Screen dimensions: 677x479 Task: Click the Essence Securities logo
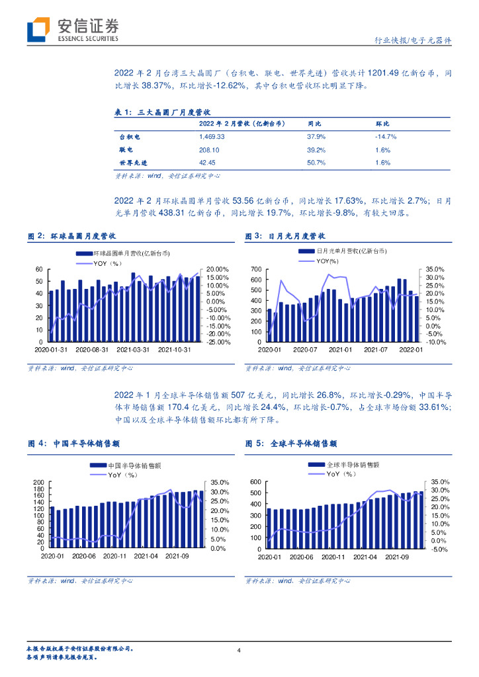coord(73,30)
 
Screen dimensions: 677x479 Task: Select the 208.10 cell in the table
coord(209,150)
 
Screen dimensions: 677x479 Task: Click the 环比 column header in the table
coord(382,124)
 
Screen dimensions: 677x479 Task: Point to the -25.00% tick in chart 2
coord(218,342)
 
